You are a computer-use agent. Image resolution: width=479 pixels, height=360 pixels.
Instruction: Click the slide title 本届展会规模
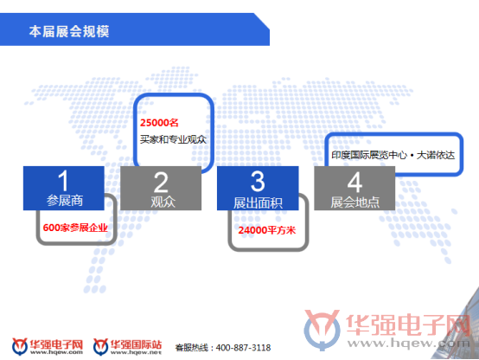[69, 31]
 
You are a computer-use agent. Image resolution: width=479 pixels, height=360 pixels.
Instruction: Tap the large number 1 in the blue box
[63, 181]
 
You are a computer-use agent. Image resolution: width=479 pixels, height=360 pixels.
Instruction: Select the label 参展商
[65, 201]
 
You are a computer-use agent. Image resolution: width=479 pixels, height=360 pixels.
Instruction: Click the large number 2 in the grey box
[161, 182]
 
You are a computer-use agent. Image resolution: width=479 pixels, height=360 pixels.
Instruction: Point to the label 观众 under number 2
[163, 202]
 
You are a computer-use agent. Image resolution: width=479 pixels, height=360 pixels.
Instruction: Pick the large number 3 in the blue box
[258, 181]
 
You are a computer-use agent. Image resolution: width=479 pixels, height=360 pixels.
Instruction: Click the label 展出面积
[258, 203]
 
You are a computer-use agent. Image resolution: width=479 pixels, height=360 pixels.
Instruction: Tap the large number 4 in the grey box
[355, 182]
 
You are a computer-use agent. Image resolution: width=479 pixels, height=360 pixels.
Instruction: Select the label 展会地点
[355, 202]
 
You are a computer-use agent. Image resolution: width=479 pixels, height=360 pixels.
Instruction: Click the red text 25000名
[159, 123]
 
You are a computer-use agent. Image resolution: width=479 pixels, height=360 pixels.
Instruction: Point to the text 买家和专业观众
[173, 139]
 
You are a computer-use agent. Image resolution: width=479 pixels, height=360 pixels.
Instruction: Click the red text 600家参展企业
[75, 228]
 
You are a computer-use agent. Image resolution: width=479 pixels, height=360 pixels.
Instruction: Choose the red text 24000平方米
[267, 230]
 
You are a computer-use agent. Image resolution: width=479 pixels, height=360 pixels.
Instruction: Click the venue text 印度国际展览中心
[369, 155]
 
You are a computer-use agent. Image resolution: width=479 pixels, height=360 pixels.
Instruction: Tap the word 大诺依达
[436, 155]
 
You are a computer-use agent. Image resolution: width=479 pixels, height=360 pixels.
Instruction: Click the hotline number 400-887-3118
[243, 348]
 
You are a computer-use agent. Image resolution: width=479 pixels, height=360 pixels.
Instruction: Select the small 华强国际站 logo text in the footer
[136, 344]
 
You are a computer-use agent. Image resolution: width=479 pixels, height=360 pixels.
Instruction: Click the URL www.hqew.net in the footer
[136, 353]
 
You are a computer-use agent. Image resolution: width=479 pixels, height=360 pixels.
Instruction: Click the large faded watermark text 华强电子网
[408, 325]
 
